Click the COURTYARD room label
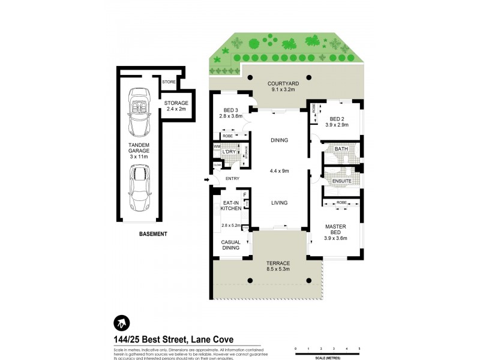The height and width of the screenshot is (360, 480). tap(280, 86)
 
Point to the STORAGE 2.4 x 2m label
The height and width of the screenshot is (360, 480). tap(176, 106)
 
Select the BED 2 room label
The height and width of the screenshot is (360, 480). tap(337, 122)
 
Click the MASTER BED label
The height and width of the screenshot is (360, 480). tap(337, 230)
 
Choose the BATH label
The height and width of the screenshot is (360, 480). tap(341, 149)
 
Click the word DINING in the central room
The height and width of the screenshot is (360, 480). tap(279, 140)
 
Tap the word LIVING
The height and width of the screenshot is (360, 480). tap(279, 203)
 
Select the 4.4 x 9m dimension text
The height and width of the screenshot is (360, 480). tap(279, 170)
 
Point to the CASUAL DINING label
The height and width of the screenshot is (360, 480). tap(231, 244)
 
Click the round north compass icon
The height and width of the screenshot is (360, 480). tap(122, 323)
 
